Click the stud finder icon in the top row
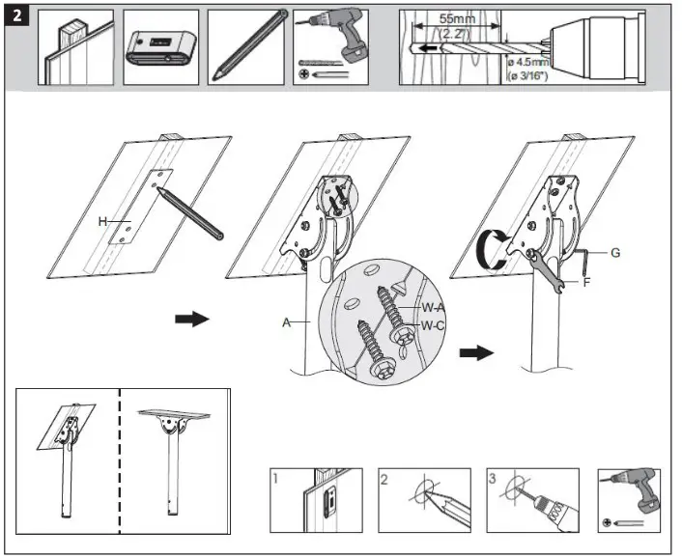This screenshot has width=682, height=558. click(x=160, y=47)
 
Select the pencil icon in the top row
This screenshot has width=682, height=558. click(x=245, y=47)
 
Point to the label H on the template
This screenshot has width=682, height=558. click(x=101, y=221)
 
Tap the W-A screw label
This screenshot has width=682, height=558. click(x=431, y=308)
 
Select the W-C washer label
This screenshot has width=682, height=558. click(x=432, y=325)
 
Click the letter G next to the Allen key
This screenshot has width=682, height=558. click(x=615, y=253)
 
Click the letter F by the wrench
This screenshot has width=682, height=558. click(x=586, y=283)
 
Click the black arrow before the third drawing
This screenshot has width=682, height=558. click(x=474, y=353)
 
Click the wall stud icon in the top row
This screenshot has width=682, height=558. click(x=75, y=47)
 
